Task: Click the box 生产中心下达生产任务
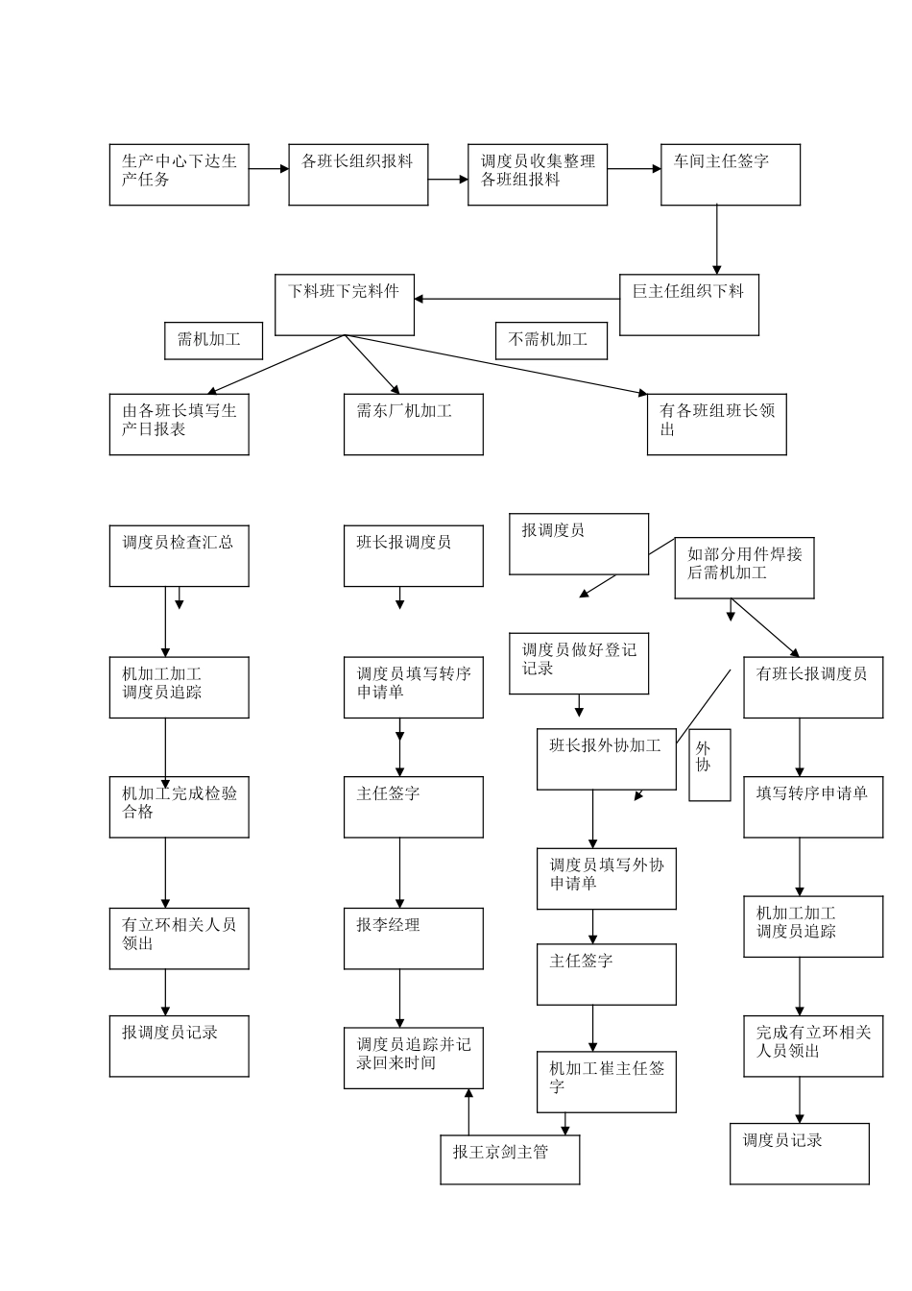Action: click(x=179, y=175)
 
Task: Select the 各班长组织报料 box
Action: click(x=358, y=175)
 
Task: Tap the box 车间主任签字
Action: click(x=730, y=175)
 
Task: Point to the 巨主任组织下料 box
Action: click(x=688, y=304)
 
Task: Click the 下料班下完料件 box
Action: click(x=345, y=304)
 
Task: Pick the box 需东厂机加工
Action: click(x=413, y=425)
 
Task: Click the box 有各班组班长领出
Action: click(x=716, y=425)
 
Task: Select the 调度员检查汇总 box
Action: click(x=179, y=556)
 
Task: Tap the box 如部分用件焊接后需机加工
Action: click(x=744, y=568)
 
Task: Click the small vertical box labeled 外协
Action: click(x=709, y=765)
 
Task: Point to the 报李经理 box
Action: click(x=413, y=938)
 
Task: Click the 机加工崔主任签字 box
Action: click(x=606, y=1082)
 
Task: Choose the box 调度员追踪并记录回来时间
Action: click(x=413, y=1058)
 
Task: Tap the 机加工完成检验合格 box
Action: click(x=179, y=807)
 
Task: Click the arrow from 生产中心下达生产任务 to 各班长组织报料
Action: click(x=269, y=169)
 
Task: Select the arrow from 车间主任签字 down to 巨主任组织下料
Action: click(x=716, y=240)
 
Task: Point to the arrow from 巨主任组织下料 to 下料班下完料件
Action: click(x=516, y=299)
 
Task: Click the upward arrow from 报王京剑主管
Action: click(x=468, y=1112)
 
